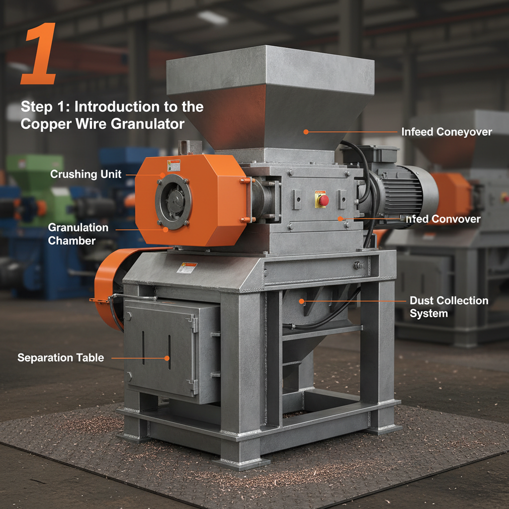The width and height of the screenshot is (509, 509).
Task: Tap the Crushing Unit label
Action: coord(86,174)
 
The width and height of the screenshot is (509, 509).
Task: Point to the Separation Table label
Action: coord(61,357)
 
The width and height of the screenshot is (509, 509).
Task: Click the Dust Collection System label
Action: coord(449,307)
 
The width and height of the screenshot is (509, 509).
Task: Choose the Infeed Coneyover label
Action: coord(446,132)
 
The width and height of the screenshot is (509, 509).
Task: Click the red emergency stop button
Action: coord(323,200)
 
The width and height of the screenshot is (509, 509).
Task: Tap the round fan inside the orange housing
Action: coord(173,201)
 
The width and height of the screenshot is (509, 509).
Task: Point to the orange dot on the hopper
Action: coord(306,132)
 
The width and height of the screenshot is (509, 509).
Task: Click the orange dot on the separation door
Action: coord(167,357)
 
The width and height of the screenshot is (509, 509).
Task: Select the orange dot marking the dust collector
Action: coord(302,301)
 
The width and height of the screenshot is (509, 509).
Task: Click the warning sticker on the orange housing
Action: coord(173,166)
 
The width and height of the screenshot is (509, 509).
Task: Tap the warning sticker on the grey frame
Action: coord(187,267)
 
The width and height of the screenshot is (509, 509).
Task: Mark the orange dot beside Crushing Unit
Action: coord(163,174)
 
